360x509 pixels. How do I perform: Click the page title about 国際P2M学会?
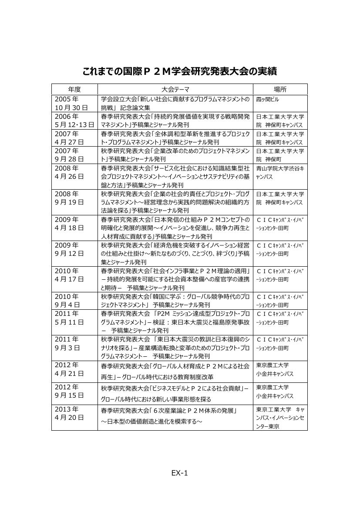coord(180,71)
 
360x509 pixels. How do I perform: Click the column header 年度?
coord(74,89)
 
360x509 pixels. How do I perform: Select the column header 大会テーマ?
coord(175,89)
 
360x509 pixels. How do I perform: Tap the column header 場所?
coord(280,89)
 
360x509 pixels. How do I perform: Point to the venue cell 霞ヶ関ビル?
coord(268,99)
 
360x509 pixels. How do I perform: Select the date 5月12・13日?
coord(74,125)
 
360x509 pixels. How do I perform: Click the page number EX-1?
coord(179,473)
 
